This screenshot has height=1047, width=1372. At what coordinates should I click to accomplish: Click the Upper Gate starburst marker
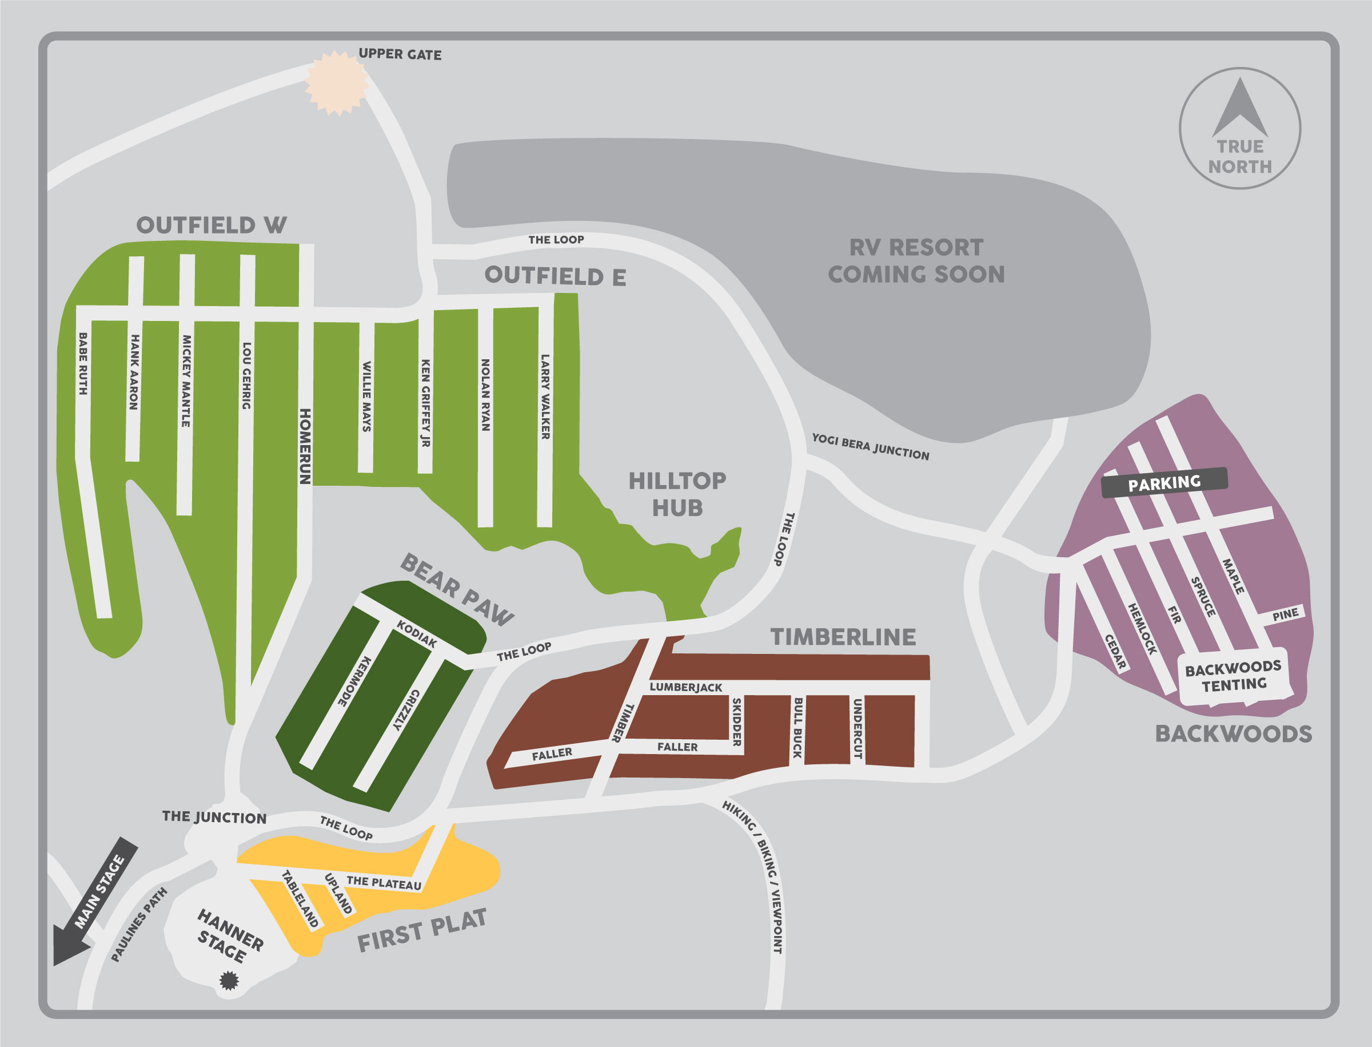point(337,83)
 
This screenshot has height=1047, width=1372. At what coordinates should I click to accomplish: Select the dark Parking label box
point(1164,483)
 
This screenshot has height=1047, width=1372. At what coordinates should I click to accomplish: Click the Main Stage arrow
point(93,901)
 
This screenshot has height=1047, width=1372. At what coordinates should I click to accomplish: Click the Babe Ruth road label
point(83,363)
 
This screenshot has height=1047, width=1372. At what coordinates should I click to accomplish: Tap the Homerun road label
point(305,446)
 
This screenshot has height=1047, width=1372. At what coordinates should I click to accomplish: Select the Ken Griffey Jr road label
point(426,403)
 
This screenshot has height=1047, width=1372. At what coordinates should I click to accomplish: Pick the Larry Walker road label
point(545,397)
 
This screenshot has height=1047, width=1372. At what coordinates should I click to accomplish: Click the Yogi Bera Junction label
point(870,447)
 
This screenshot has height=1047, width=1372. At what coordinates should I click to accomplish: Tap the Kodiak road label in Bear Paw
point(417,634)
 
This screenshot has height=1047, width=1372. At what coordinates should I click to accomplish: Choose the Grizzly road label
point(406,710)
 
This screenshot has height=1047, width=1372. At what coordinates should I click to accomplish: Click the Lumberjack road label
point(685,687)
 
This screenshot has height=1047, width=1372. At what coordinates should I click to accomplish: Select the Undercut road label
point(857,728)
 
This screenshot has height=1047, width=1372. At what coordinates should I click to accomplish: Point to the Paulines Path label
point(139,925)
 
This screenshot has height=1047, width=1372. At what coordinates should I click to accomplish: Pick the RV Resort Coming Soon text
point(916,261)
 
